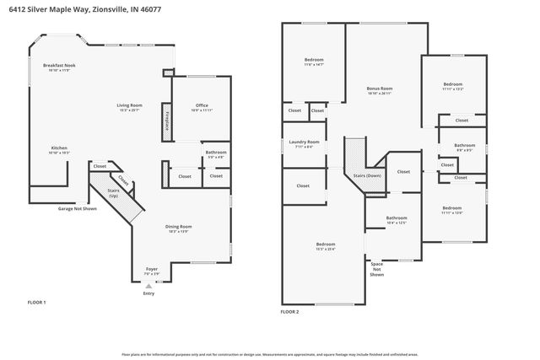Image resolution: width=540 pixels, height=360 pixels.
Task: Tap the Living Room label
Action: point(129,107)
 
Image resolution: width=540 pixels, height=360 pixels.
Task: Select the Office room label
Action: point(201,107)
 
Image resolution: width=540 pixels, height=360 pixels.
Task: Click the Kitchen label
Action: point(59,149)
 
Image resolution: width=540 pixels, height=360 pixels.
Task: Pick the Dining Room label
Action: point(178,228)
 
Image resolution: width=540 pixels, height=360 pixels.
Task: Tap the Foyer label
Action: point(151,271)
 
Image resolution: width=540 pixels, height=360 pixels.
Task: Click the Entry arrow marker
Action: point(148,287)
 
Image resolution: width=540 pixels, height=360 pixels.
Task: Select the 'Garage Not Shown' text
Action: point(77,208)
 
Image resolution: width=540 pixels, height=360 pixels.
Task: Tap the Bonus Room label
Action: point(379,90)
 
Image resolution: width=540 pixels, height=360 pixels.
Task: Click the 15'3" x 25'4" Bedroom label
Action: point(325,245)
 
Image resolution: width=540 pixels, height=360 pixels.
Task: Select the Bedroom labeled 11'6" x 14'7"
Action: point(314,62)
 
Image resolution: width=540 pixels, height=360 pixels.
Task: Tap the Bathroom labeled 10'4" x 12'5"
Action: point(397,220)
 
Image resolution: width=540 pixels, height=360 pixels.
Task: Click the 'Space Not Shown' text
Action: point(377,269)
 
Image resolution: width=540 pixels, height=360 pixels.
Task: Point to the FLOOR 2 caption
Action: point(290,311)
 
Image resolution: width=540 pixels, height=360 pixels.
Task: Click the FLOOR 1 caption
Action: point(37,302)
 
